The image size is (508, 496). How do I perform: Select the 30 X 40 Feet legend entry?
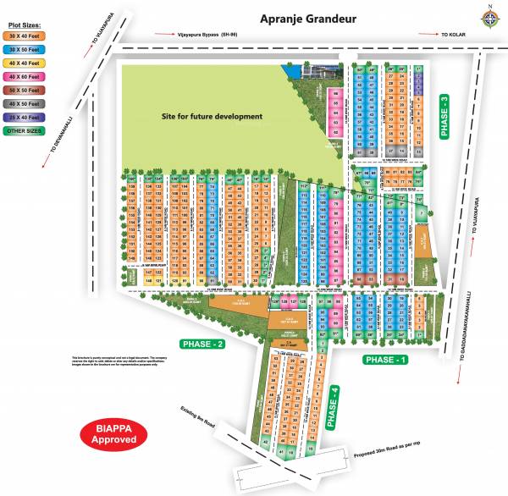[26, 36]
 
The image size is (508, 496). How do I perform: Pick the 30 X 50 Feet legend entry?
[26, 50]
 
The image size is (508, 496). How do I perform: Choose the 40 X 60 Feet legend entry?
[26, 76]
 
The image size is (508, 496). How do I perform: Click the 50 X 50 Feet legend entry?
[26, 89]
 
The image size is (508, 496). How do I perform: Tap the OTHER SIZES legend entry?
[26, 130]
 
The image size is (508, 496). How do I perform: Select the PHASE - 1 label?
[362, 360]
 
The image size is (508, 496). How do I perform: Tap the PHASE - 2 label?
[202, 344]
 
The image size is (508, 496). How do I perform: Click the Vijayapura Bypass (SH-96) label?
[202, 34]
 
